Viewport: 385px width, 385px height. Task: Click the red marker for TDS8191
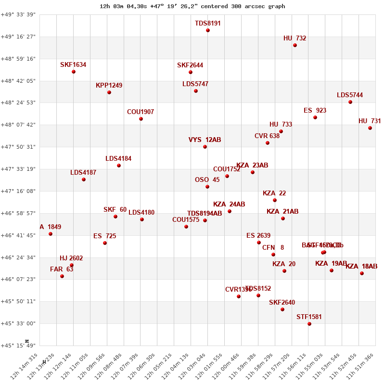coord(208,30)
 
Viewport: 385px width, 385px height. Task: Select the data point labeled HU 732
coord(295,45)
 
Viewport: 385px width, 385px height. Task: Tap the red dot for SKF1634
coord(74,72)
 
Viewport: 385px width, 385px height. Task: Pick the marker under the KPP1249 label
coord(109,92)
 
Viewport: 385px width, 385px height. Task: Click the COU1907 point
coord(141,119)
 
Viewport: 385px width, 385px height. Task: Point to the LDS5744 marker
coord(350,102)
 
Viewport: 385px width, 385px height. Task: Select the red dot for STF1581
coord(309,324)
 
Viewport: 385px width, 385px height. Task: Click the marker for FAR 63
coord(62,276)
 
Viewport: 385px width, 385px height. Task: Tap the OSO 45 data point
coord(207,187)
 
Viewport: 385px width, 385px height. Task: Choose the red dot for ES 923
coord(315,117)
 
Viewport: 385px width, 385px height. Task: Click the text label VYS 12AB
coord(205,140)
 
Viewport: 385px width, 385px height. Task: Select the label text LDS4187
coord(83,173)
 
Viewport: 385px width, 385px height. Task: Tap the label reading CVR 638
coord(267,136)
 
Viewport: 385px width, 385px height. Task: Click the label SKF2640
coord(282,303)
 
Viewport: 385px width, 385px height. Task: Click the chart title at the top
coord(192,6)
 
